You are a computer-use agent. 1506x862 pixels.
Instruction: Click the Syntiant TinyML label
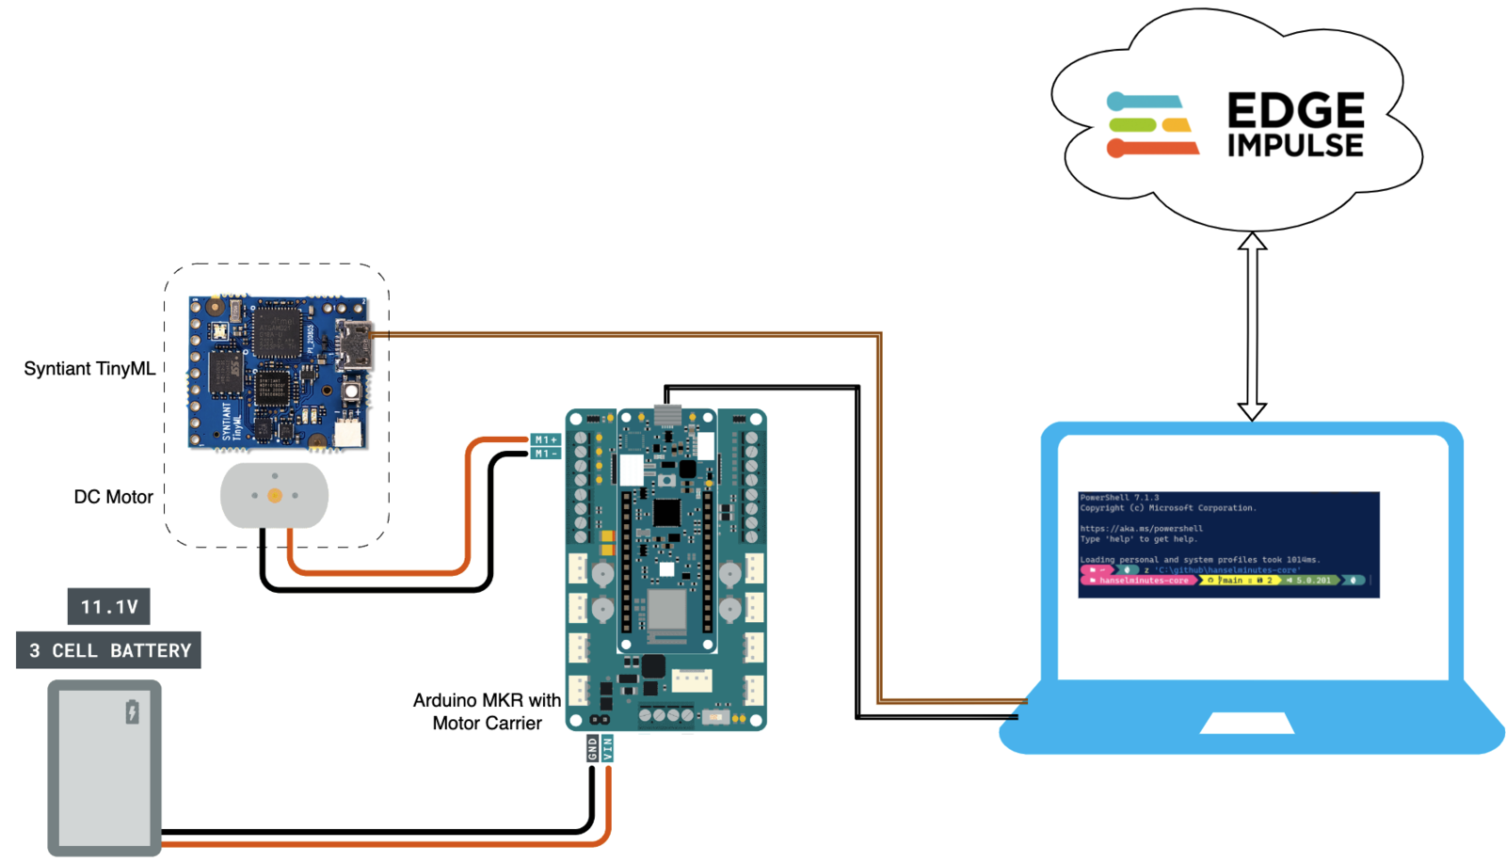[x=89, y=369]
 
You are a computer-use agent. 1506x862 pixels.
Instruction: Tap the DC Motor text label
[x=113, y=497]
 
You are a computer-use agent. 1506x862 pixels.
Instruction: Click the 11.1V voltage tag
[x=109, y=607]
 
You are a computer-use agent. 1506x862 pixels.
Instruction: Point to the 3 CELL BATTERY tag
[x=109, y=650]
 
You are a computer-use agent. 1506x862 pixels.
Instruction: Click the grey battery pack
[x=104, y=768]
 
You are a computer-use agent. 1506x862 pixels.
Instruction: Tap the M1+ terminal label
[x=546, y=439]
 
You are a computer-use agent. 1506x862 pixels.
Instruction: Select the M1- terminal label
[x=546, y=454]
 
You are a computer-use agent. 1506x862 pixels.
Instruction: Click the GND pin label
[x=592, y=748]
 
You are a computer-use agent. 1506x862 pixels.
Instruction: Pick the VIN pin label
[x=607, y=748]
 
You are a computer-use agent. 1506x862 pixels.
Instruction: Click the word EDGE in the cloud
[x=1295, y=111]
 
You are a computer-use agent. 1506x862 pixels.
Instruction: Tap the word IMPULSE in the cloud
[x=1295, y=146]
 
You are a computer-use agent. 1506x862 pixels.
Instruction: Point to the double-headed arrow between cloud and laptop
[x=1252, y=327]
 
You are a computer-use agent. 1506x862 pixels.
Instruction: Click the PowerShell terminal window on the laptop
[x=1228, y=544]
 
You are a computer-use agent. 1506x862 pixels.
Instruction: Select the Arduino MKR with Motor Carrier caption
[x=487, y=711]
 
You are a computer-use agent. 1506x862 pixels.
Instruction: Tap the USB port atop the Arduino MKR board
[x=667, y=415]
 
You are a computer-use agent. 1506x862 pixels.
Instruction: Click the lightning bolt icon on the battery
[x=133, y=711]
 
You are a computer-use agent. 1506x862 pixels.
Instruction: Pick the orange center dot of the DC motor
[x=275, y=496]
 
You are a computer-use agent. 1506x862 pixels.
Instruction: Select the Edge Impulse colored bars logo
[x=1152, y=124]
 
